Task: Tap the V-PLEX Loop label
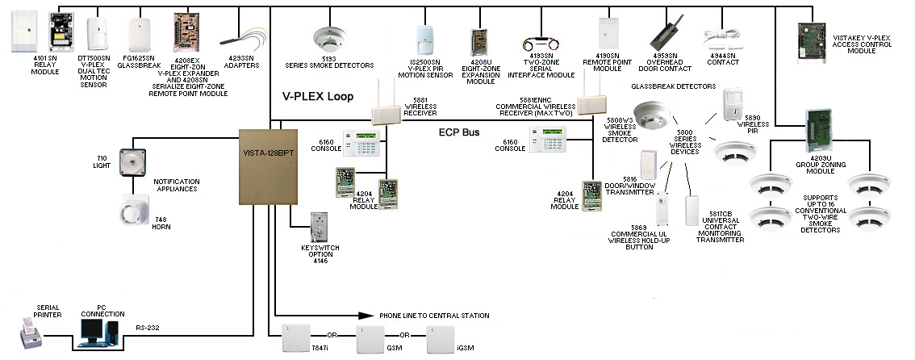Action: pos(318,96)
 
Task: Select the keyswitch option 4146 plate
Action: pos(320,228)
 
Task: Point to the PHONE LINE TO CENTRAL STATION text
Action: pos(433,316)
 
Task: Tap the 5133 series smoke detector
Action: pos(329,38)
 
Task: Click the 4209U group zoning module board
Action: pos(820,126)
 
